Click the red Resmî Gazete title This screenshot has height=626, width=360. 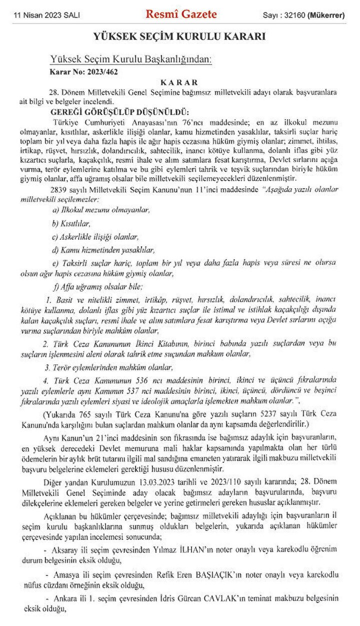click(x=181, y=15)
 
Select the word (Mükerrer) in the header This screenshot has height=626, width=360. click(x=325, y=16)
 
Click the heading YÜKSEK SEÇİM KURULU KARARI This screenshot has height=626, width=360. click(x=179, y=37)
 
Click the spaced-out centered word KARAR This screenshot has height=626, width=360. click(x=179, y=82)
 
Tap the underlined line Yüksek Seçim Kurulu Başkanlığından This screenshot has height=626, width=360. click(x=130, y=60)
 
